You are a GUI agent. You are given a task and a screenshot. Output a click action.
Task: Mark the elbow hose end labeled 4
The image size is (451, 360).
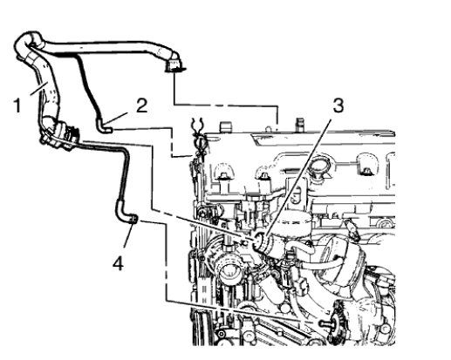[x=131, y=221]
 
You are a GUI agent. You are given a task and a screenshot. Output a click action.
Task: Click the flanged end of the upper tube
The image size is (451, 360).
[x=177, y=64]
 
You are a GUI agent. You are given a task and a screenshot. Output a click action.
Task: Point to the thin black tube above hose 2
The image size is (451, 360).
[x=87, y=83]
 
